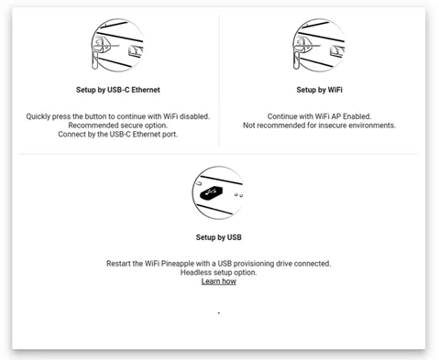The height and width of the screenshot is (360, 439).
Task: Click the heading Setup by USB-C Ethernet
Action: point(118,90)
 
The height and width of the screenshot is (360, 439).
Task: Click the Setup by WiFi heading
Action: point(319,90)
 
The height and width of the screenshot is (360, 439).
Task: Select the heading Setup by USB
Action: point(219,237)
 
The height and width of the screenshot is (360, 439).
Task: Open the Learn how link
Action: point(219,281)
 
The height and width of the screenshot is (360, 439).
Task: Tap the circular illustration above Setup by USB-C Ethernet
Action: point(117,45)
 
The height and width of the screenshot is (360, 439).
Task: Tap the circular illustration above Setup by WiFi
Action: point(319,45)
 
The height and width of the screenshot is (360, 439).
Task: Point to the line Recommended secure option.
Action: point(118,125)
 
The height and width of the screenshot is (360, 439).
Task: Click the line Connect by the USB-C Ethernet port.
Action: point(118,134)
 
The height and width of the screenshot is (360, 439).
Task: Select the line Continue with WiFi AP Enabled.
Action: point(319,116)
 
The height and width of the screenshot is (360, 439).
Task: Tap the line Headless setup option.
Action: point(219,272)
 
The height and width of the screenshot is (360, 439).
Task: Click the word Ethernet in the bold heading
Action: point(146,90)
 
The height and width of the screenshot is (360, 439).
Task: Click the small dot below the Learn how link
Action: point(219,313)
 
